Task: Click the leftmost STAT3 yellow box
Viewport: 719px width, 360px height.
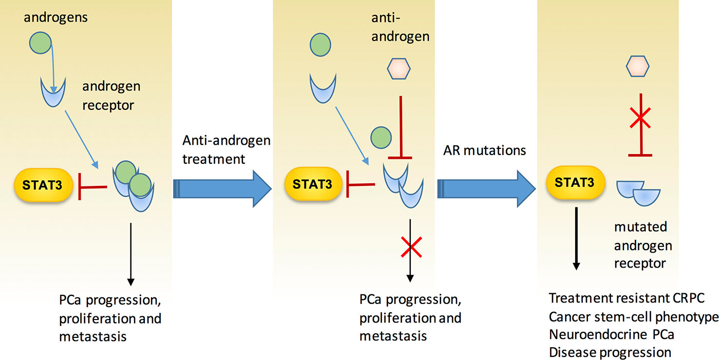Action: (43, 185)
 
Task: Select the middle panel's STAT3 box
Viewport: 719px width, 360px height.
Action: (313, 184)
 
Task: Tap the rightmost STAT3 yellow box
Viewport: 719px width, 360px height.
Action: (576, 182)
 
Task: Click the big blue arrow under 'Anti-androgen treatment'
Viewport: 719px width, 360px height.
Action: (222, 188)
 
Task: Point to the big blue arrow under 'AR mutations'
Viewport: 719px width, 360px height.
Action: (486, 188)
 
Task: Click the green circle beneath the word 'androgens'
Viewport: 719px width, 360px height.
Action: (41, 43)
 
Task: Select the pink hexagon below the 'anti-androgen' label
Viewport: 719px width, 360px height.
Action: (399, 69)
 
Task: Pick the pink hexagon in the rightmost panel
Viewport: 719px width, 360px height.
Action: (637, 66)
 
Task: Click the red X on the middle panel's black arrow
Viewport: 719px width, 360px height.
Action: (411, 247)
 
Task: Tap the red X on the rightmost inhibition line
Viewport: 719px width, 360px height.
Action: (640, 118)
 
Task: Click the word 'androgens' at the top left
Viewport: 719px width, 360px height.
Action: (55, 17)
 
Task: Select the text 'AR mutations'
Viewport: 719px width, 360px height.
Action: (484, 150)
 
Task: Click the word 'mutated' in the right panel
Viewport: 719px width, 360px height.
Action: (641, 227)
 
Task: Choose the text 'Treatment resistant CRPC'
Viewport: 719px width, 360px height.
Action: (627, 298)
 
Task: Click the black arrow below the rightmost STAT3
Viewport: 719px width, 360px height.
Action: (576, 238)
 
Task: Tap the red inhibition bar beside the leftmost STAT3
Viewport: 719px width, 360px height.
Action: (92, 187)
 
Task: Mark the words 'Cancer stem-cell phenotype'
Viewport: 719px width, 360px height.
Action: (634, 317)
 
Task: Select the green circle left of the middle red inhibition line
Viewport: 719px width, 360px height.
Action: (381, 138)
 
